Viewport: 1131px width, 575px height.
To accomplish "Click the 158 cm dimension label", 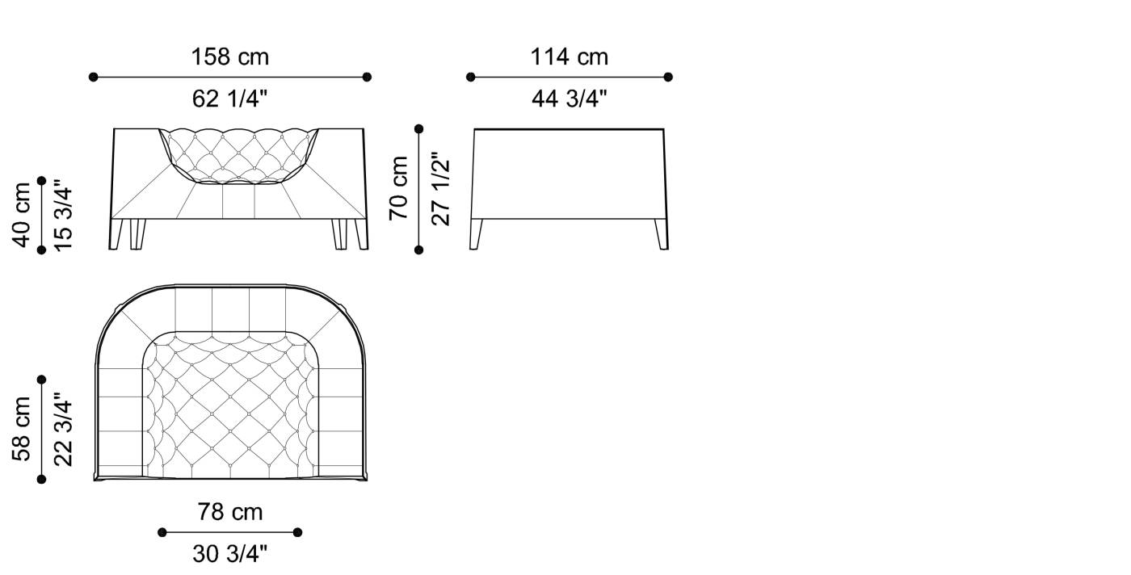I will point(230,57).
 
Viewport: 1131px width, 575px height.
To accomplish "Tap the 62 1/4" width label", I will point(230,99).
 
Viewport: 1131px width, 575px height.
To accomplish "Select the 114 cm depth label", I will point(570,57).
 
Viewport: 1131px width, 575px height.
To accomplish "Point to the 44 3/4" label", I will point(570,99).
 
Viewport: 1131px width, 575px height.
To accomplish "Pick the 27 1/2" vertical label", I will point(440,188).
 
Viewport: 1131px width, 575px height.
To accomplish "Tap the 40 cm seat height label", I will point(22,214).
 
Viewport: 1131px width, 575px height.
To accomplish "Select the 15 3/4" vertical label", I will point(63,214).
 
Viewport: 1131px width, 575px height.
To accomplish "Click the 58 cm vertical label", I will point(22,428).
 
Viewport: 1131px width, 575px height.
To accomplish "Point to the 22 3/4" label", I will point(63,428).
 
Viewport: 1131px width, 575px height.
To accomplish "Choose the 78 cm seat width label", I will point(230,512).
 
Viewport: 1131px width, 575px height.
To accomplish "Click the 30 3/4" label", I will point(230,553).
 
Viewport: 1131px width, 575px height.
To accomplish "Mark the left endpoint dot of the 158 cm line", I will point(93,77).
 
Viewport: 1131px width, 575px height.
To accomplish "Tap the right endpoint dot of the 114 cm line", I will point(668,77).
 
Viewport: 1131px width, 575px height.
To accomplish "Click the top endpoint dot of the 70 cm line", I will point(418,128).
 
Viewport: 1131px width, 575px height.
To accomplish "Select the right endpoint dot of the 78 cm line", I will point(298,532).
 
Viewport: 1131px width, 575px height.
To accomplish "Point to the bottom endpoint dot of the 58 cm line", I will point(42,479).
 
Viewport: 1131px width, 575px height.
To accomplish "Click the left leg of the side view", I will point(477,234).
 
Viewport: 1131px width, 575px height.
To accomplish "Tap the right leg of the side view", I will point(662,234).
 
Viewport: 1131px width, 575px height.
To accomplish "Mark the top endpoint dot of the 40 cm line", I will point(42,180).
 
